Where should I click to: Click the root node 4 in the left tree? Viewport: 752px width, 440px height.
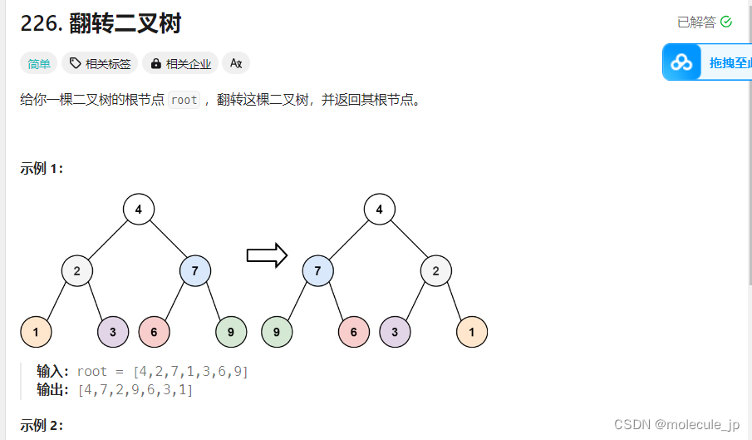139,209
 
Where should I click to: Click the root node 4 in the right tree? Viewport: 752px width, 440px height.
380,209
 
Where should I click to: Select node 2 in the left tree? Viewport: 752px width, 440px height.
77,270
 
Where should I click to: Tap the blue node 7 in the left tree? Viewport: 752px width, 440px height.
195,270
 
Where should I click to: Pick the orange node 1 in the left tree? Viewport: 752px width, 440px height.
36,332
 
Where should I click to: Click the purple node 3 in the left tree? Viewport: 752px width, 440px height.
113,332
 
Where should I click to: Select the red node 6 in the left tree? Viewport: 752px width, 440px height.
155,332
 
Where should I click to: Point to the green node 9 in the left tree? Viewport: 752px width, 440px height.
231,332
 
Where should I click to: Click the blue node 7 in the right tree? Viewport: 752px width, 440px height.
318,270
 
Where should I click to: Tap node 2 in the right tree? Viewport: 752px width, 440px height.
436,270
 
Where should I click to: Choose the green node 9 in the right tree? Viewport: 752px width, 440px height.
277,332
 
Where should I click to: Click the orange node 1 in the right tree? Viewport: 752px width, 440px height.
472,332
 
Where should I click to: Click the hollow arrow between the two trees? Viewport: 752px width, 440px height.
267,255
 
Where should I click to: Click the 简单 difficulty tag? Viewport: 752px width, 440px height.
39,63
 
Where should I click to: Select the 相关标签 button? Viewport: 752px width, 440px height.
100,63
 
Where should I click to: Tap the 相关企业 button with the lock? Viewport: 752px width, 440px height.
180,63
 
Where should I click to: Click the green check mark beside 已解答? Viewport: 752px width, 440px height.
726,22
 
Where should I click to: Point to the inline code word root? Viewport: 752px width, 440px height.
184,100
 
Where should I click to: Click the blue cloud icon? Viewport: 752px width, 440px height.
681,62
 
